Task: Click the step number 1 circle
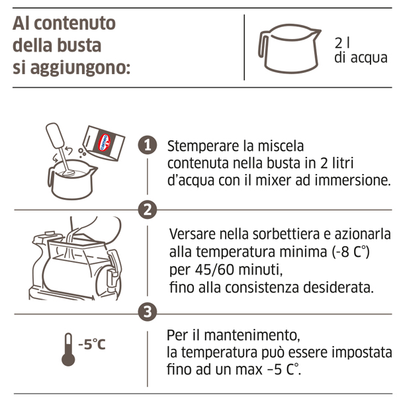(x=148, y=145)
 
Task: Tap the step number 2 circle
(x=148, y=210)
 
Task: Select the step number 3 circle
(x=148, y=312)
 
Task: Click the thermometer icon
(x=68, y=349)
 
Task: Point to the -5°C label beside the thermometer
(x=92, y=345)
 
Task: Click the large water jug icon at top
(x=289, y=48)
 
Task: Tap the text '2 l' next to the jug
(x=342, y=43)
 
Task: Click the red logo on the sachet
(x=105, y=142)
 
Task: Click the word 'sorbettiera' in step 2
(x=286, y=234)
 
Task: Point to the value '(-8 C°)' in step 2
(x=351, y=252)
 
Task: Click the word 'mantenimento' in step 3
(x=251, y=335)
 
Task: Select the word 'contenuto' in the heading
(x=75, y=23)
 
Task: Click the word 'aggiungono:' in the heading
(x=81, y=69)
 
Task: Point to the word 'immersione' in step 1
(x=351, y=181)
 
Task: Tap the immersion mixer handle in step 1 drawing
(x=55, y=135)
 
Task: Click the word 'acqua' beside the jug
(x=369, y=58)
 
